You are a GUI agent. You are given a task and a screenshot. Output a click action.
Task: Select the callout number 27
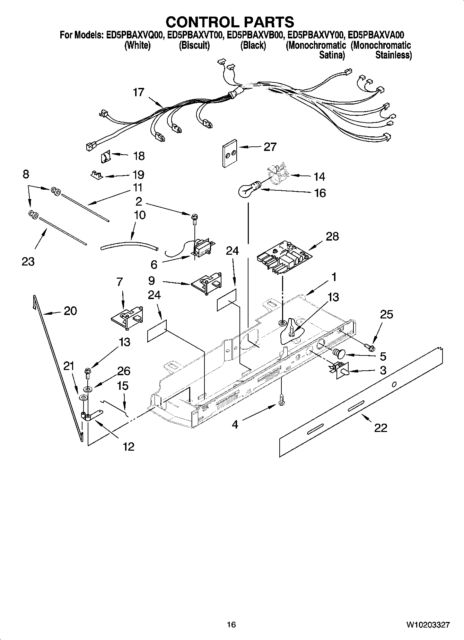point(270,147)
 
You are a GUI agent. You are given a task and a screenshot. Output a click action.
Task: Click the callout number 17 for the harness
point(139,92)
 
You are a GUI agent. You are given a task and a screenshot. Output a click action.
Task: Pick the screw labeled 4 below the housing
point(281,400)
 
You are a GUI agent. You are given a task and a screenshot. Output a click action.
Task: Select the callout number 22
point(380,428)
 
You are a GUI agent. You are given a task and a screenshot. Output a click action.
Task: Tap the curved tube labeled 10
point(129,245)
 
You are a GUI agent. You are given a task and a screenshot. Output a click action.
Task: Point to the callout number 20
point(70,311)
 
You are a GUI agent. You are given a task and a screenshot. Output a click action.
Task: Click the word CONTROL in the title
point(198,22)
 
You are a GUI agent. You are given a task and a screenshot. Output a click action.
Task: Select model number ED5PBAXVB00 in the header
point(256,35)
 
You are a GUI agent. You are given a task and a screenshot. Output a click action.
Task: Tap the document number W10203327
point(428,625)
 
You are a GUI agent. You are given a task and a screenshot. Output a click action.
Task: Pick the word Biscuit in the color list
point(194,45)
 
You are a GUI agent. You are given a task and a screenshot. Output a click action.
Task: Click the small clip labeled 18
point(105,157)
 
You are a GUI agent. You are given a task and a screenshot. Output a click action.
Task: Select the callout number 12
point(129,447)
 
